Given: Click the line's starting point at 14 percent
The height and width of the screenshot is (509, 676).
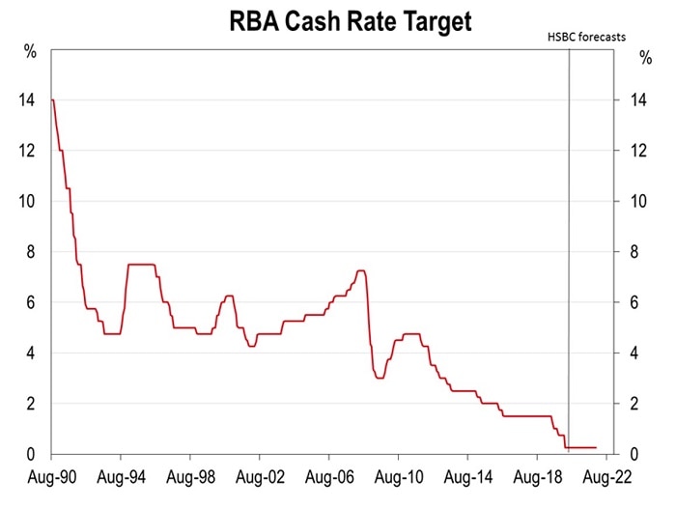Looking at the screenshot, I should tap(51, 100).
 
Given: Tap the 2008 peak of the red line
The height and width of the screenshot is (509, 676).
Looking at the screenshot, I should tap(360, 271).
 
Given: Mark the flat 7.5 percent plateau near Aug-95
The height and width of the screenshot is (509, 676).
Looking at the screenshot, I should tap(141, 265).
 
